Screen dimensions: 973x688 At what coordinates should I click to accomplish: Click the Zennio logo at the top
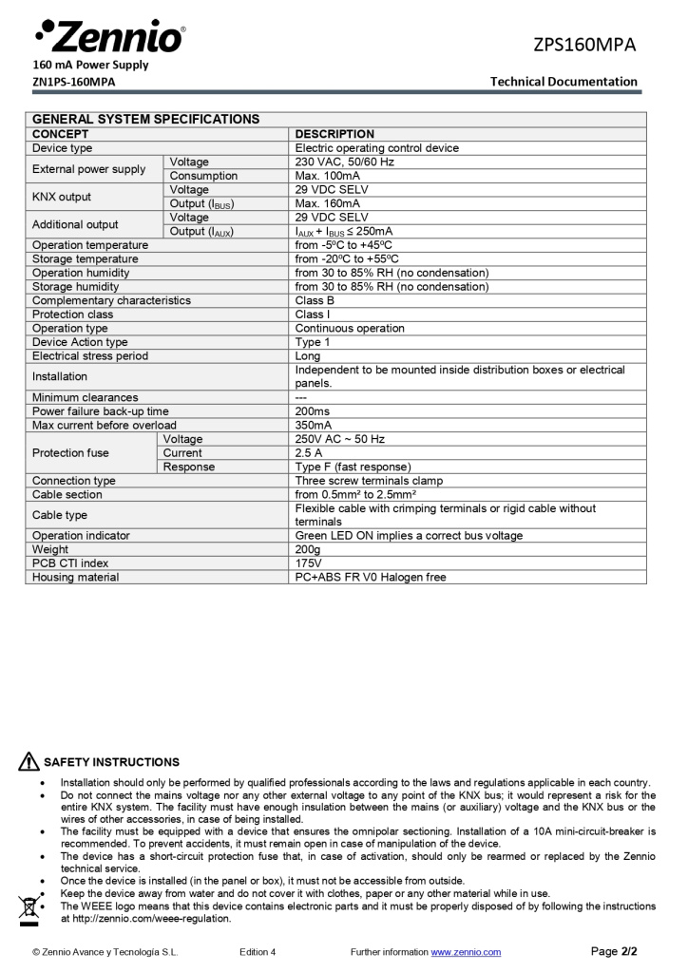click(x=109, y=36)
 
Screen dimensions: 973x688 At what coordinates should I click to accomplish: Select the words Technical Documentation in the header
click(x=564, y=81)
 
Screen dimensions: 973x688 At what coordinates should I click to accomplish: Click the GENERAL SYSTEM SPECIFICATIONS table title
click(x=145, y=120)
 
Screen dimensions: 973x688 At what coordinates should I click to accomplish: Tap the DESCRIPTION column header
click(x=334, y=134)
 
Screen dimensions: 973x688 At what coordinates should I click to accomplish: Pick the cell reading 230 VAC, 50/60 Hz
click(x=344, y=162)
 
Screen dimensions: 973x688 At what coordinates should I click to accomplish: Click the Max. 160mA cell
click(x=327, y=203)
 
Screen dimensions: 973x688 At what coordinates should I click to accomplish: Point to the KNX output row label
click(x=62, y=197)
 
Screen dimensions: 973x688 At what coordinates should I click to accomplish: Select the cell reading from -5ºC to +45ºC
click(x=343, y=245)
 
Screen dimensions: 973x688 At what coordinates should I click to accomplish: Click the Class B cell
click(x=315, y=300)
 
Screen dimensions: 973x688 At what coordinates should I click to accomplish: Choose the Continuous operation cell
click(x=349, y=328)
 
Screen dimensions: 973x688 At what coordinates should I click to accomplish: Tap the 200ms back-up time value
click(x=313, y=411)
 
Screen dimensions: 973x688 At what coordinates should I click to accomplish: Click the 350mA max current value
click(x=313, y=426)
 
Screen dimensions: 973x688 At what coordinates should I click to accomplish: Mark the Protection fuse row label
click(x=70, y=453)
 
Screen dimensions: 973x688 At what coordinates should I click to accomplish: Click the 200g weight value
click(x=309, y=549)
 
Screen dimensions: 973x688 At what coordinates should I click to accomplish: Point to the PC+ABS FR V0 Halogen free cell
click(x=370, y=577)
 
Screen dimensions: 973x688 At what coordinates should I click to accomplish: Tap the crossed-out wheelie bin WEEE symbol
click(x=29, y=910)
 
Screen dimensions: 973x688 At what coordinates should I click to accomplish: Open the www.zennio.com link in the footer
click(x=466, y=952)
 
